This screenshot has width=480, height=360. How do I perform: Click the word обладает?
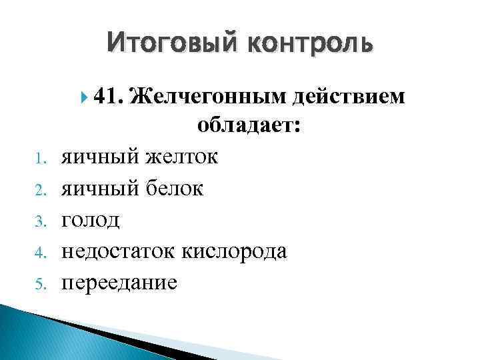248,127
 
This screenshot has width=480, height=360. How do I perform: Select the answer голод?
91,220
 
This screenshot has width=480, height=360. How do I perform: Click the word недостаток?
125,251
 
